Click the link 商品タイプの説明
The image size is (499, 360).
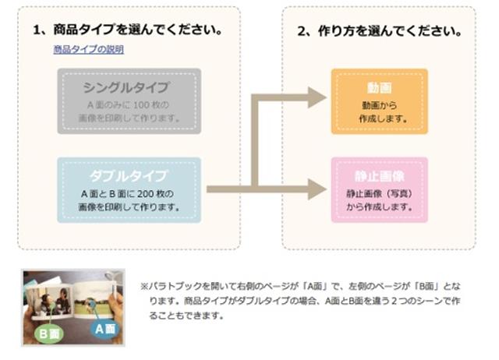tap(88, 50)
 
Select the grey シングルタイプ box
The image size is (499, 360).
tap(129, 101)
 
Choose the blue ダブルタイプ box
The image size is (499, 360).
tap(129, 190)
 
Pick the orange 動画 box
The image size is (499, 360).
tap(379, 101)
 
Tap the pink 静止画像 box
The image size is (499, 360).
tap(379, 190)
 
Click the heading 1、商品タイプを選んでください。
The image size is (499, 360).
tap(128, 30)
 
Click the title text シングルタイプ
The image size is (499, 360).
tap(129, 86)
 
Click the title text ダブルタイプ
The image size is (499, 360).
tap(129, 175)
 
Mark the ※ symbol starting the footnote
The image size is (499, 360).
tap(144, 285)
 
